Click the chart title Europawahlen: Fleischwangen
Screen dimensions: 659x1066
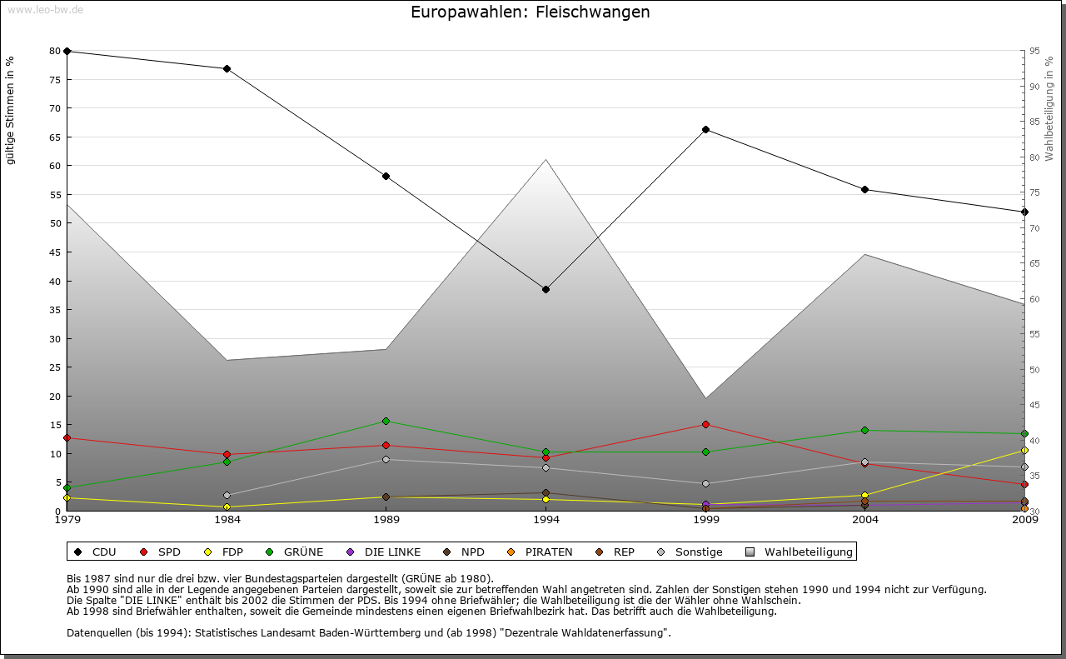[531, 12]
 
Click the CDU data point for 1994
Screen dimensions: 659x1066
[545, 289]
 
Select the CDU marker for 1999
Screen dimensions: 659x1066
[705, 129]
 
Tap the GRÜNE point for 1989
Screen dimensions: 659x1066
[386, 421]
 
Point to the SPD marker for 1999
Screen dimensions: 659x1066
[705, 424]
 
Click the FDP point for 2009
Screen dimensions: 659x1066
[1024, 450]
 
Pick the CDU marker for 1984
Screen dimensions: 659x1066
[227, 68]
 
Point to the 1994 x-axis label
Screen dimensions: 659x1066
[545, 521]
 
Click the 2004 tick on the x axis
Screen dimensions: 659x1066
[865, 521]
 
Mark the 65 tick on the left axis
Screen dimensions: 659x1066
[56, 137]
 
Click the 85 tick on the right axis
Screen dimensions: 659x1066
[1034, 122]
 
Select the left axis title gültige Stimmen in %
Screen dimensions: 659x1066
[11, 110]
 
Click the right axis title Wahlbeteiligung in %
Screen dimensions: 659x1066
[1049, 108]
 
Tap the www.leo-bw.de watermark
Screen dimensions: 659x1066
[45, 10]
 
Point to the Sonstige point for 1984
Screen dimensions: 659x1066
[227, 495]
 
